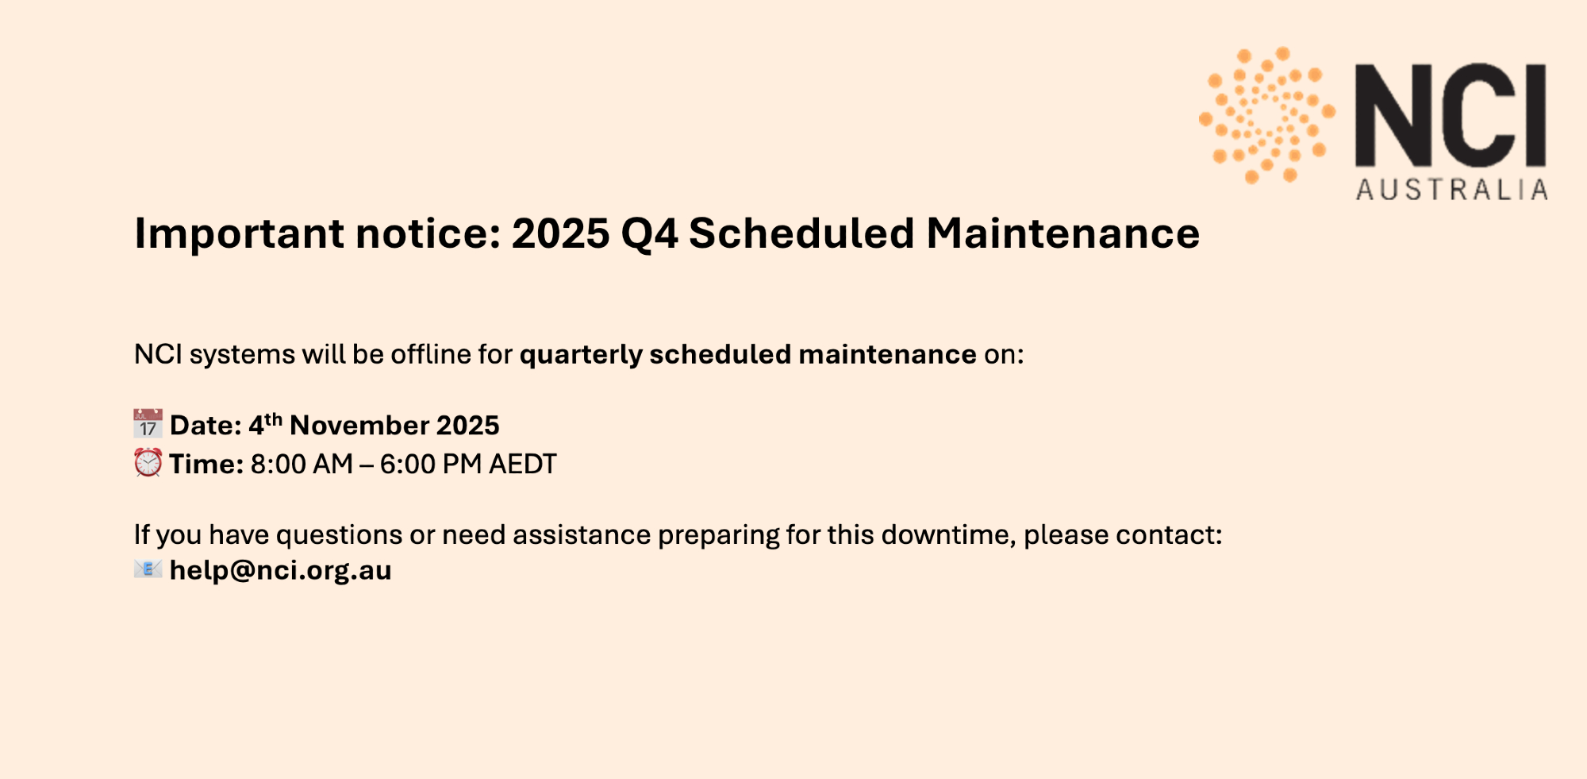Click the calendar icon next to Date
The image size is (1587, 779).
148,424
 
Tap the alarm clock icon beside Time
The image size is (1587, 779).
148,462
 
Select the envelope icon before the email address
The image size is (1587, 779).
148,569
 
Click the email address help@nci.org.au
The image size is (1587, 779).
281,570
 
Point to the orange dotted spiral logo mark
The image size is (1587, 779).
1267,114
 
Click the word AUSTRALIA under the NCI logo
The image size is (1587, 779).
1452,190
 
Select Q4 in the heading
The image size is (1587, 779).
650,234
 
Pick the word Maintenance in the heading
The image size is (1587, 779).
1063,233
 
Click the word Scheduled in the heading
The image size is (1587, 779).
801,233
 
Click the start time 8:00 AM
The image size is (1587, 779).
302,464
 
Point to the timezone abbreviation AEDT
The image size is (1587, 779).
523,464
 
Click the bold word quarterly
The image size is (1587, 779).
581,355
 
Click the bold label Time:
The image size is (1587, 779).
206,464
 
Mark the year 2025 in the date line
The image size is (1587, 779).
468,426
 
